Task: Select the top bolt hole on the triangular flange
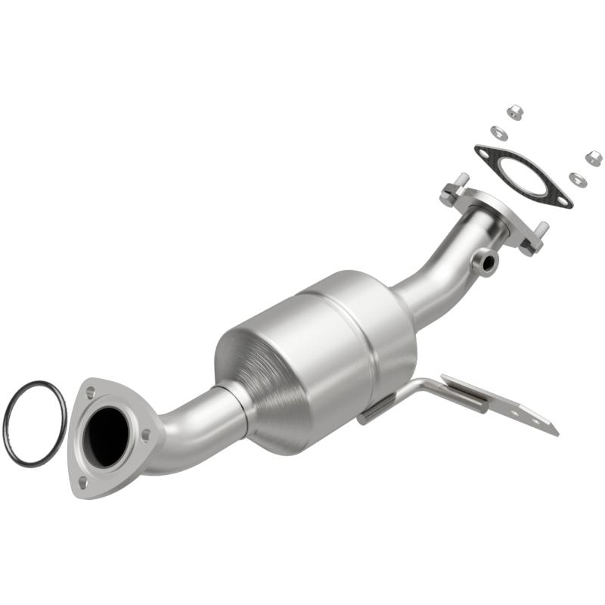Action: coord(90,392)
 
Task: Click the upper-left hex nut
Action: coord(515,112)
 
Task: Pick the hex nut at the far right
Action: coord(594,158)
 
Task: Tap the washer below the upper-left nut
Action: coord(498,132)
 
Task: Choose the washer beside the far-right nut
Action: coord(577,179)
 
